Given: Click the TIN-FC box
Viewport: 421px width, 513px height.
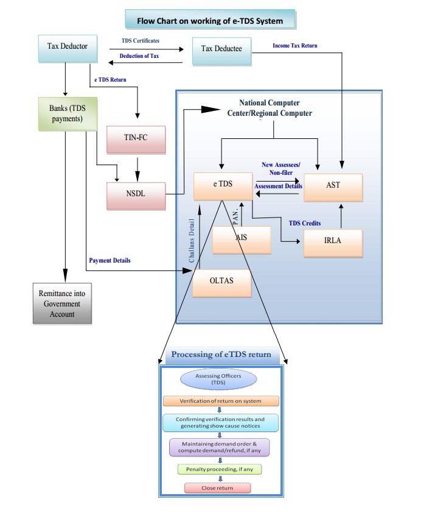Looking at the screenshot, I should (x=136, y=138).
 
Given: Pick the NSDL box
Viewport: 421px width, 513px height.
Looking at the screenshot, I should (x=136, y=194).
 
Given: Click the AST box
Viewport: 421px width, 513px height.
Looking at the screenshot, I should (x=333, y=186).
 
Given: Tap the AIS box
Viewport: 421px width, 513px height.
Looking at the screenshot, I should (x=242, y=240).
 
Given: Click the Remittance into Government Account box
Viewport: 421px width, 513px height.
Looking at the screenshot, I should (x=63, y=303).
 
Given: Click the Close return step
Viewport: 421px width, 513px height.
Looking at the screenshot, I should (x=217, y=488).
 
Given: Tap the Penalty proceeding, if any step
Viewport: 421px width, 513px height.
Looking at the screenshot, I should (x=220, y=470).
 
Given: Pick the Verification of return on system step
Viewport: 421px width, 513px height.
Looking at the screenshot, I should (x=221, y=401).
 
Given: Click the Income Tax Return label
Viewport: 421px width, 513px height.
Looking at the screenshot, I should (x=295, y=46).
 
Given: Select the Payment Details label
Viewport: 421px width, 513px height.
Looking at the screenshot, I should (x=110, y=261).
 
